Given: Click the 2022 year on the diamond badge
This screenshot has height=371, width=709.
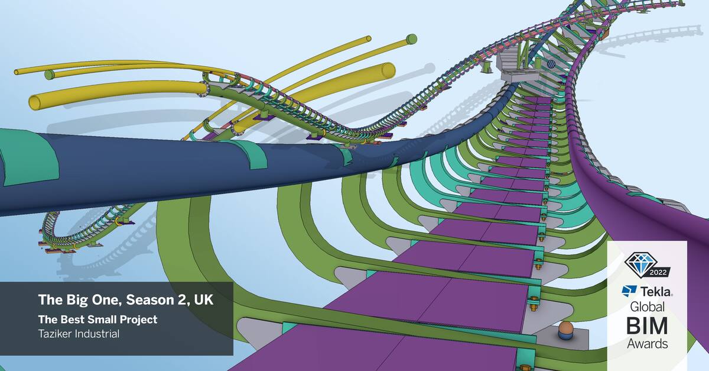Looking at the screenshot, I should coord(648,273).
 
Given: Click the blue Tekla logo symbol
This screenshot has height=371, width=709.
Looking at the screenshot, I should coord(629,291).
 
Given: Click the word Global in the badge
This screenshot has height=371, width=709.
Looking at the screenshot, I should coord(647,307).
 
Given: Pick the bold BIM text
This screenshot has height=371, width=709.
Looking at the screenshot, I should coord(647,325).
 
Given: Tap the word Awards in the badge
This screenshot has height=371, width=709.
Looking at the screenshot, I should coord(647,343).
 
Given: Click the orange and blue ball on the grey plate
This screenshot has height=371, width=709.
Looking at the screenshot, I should coord(565,331).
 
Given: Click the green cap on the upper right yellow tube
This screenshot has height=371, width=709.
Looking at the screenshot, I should coord(412,39).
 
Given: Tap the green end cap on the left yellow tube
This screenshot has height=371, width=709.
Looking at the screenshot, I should coord(50,75).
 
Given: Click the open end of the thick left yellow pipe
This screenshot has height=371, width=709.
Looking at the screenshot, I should coord(35,102).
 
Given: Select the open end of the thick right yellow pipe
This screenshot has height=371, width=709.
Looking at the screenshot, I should coord(388,69).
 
